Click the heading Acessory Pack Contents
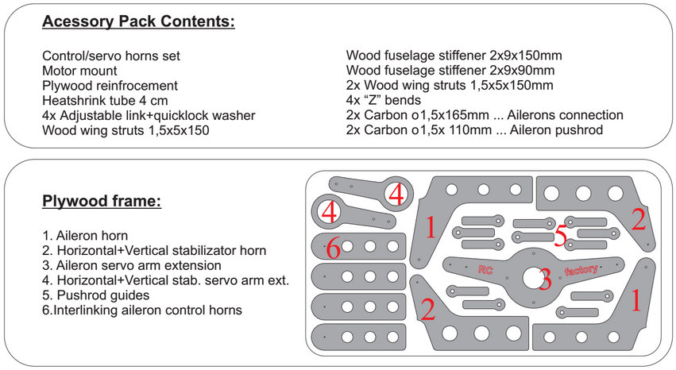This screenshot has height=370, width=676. tap(138, 22)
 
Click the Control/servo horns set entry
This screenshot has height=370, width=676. tap(111, 56)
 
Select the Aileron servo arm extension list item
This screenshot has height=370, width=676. tap(132, 265)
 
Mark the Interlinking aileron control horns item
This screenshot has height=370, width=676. tap(141, 310)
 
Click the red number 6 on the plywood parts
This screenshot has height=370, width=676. tap(334, 249)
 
